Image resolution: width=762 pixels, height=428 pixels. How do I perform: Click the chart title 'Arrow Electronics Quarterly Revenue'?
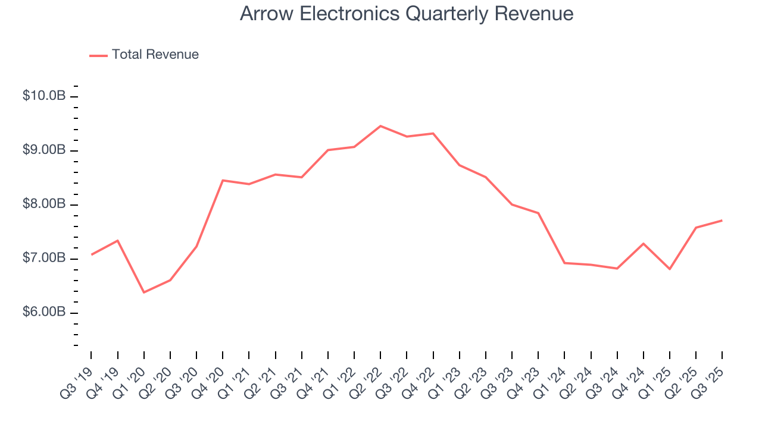point(407,14)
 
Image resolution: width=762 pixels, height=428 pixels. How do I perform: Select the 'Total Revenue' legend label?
point(155,55)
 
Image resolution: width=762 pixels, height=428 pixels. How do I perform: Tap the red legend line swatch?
point(98,55)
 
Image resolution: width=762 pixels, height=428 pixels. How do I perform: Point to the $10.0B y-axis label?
point(44,96)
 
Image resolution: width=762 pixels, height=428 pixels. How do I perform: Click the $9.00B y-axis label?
point(44,150)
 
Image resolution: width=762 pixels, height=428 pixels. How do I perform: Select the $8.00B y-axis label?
point(44,204)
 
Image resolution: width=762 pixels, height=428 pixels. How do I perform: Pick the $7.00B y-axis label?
point(44,259)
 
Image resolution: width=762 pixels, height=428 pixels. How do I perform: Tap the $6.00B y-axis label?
point(44,313)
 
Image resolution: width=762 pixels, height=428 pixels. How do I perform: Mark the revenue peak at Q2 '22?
point(380,126)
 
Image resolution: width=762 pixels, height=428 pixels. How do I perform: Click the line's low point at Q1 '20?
point(143,292)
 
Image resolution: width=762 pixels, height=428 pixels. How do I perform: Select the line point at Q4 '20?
point(223,180)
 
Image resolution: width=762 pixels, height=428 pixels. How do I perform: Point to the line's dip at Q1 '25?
point(670,269)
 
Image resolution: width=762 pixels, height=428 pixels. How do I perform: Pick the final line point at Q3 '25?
point(722,221)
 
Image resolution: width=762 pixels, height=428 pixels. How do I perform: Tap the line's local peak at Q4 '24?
point(644,243)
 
